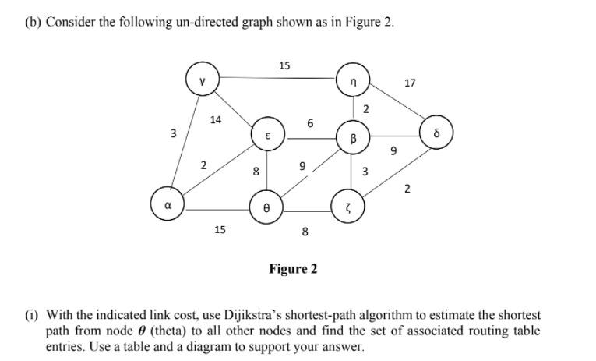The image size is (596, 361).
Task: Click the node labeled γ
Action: tap(202, 80)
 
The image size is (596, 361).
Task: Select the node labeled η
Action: tap(352, 80)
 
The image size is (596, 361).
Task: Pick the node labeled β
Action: tap(352, 137)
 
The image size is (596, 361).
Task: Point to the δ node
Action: tap(436, 132)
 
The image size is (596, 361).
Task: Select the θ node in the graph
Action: tap(266, 207)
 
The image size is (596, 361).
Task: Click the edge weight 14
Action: tap(216, 119)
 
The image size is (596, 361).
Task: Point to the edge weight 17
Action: tap(411, 82)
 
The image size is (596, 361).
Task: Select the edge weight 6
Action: tap(310, 122)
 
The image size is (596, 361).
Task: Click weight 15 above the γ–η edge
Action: tap(284, 65)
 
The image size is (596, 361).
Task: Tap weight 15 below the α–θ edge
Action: tap(220, 230)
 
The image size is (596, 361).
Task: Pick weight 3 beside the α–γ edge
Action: tap(173, 134)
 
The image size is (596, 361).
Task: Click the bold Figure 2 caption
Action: tap(293, 269)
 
